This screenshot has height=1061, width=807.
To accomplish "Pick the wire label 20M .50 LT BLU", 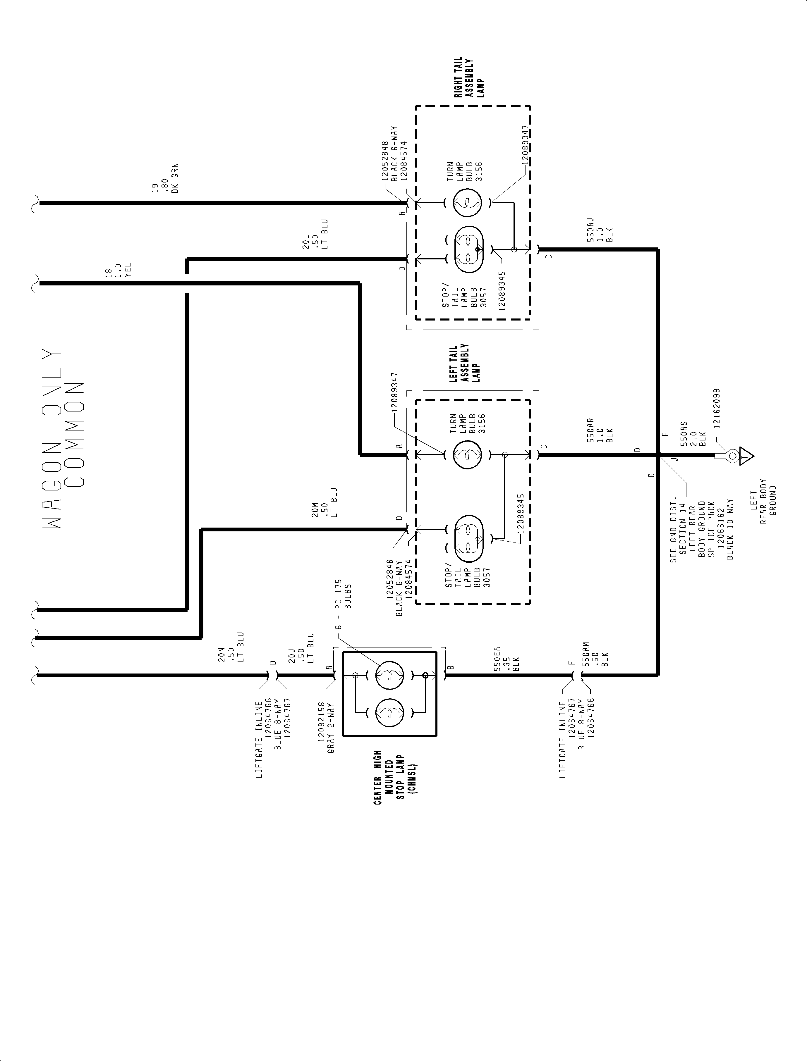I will (324, 503).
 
